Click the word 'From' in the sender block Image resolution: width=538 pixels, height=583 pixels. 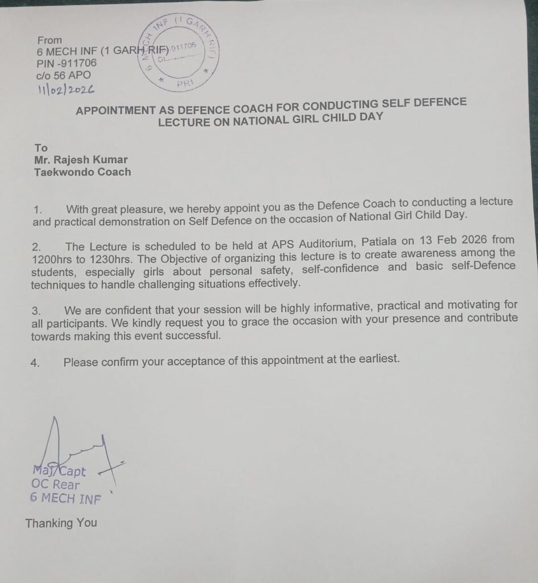coord(49,40)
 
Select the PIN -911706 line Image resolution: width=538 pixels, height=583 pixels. coord(67,63)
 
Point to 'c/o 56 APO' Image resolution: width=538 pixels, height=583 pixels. coord(64,75)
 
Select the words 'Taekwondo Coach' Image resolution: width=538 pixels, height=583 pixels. coord(82,172)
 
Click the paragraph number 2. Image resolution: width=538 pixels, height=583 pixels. coord(36,248)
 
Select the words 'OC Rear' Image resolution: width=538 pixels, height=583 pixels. coord(56,485)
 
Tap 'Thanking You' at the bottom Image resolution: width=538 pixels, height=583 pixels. coord(61,523)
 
